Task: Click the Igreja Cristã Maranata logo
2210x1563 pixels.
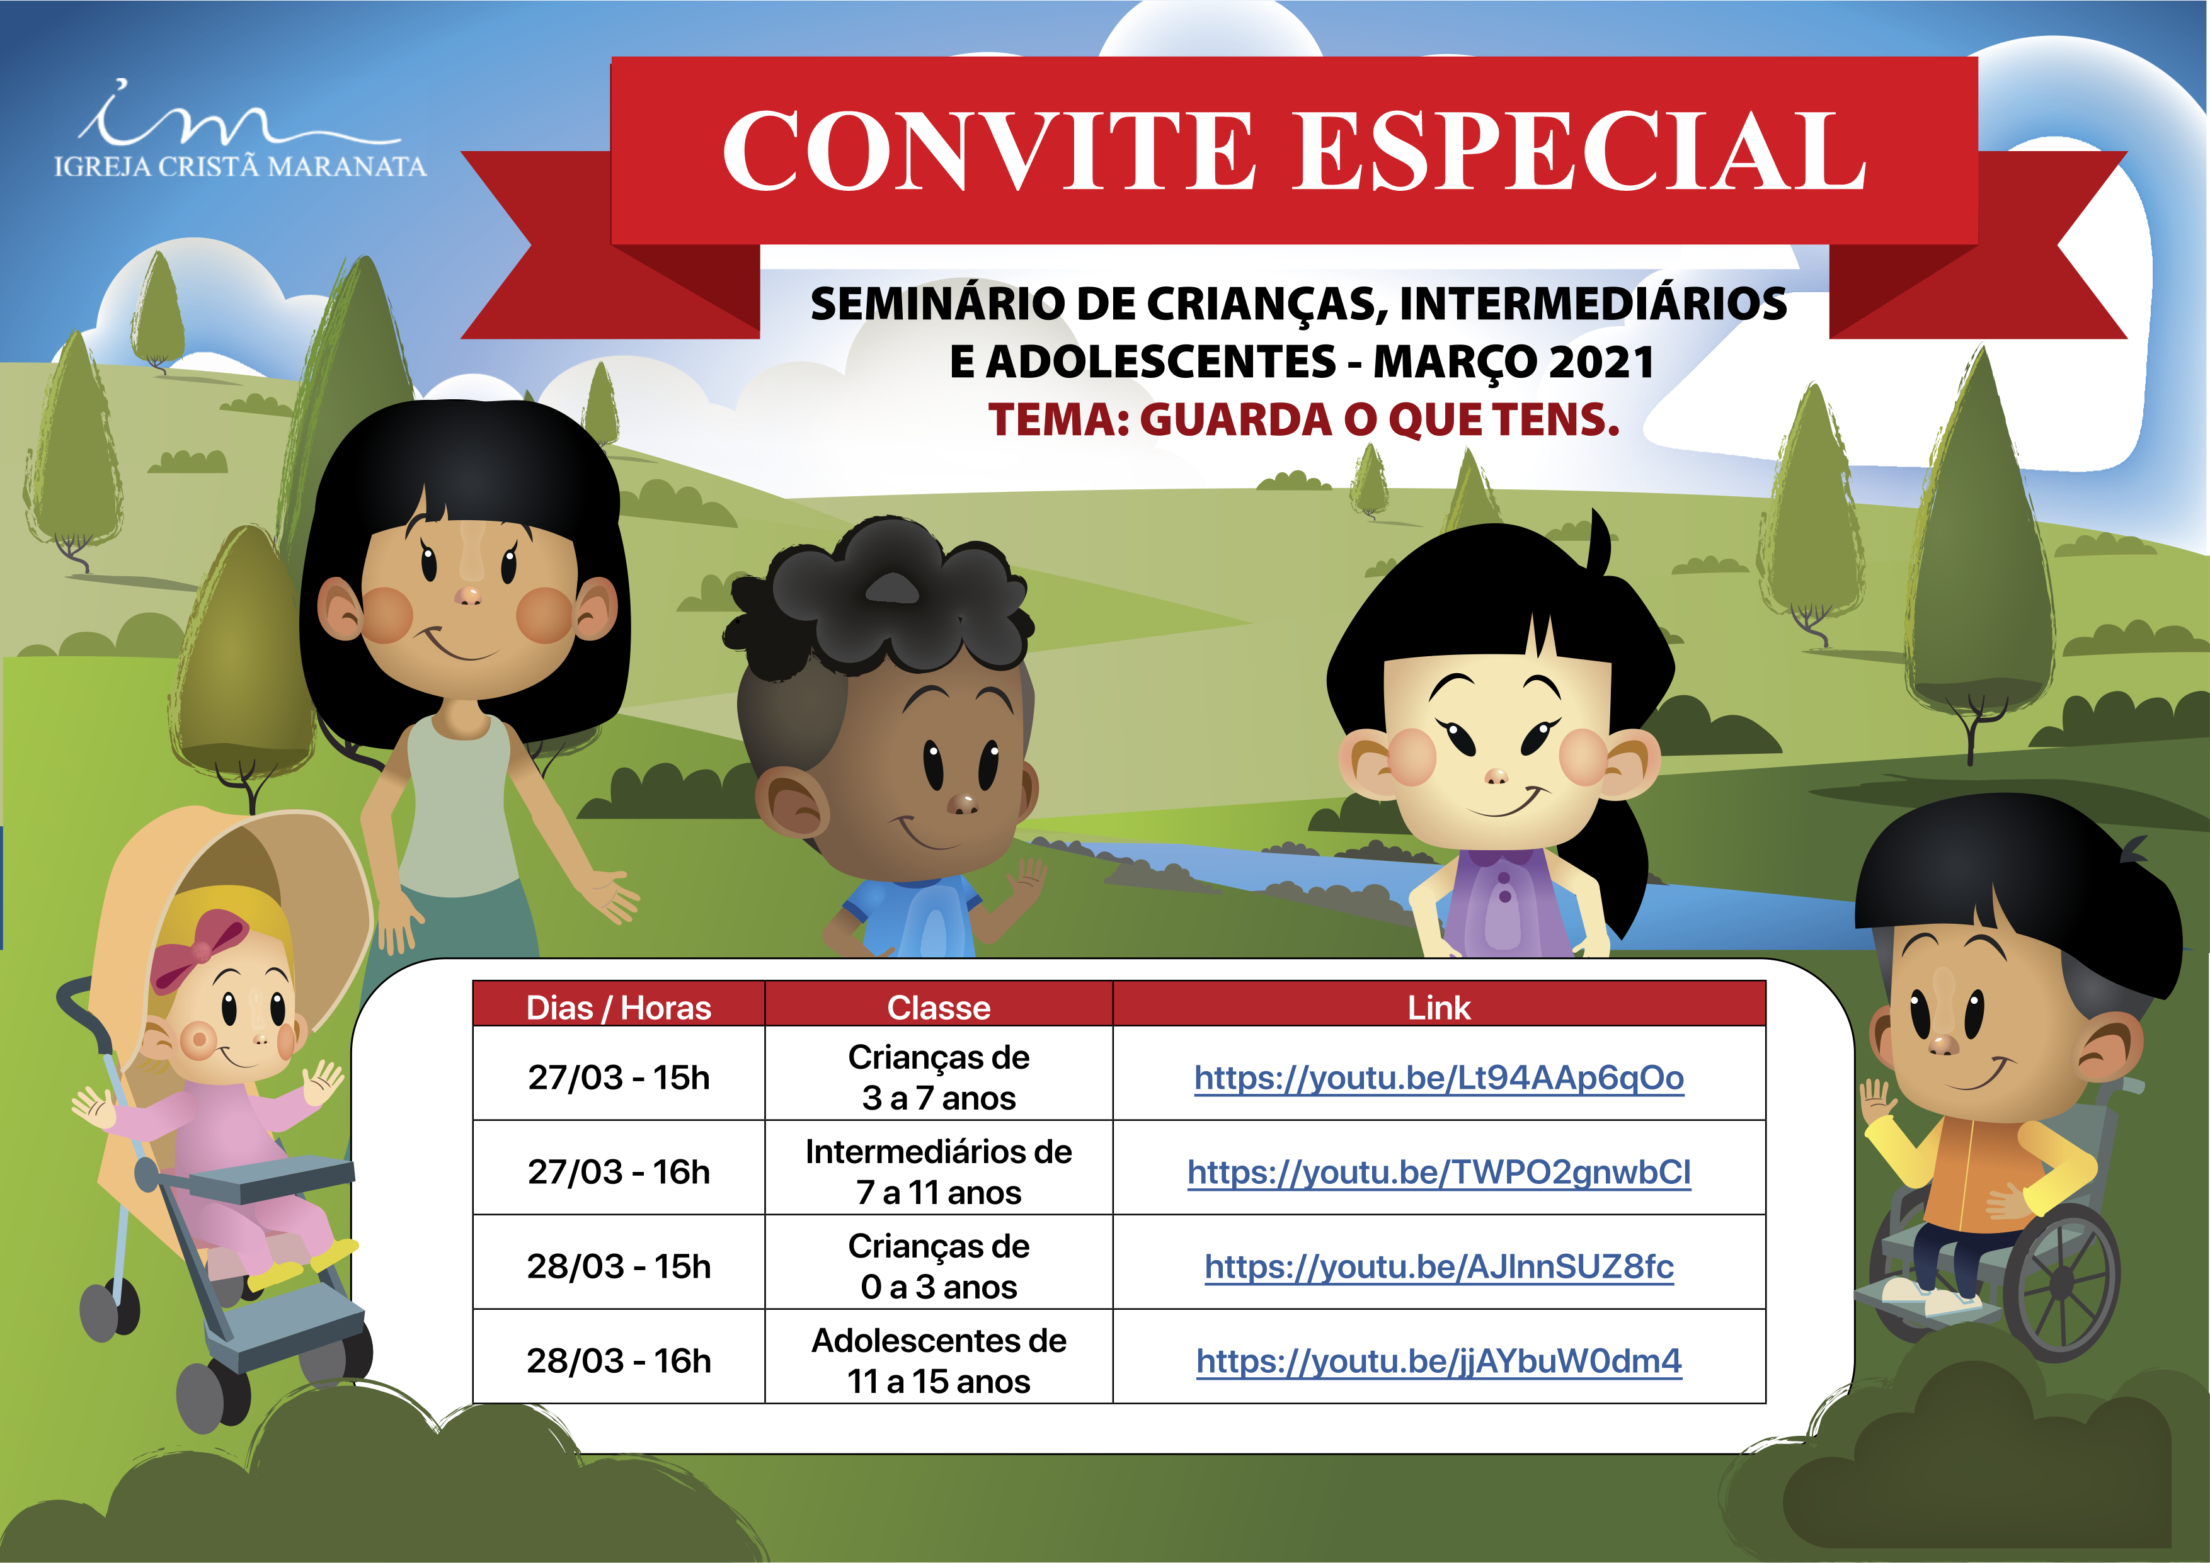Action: pyautogui.click(x=239, y=130)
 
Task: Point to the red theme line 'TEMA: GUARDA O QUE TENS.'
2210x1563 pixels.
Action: pyautogui.click(x=1304, y=419)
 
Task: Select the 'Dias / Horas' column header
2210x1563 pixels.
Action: pyautogui.click(x=618, y=1008)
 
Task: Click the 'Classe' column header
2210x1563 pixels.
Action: pyautogui.click(x=939, y=1008)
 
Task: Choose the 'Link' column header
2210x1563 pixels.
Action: pyautogui.click(x=1439, y=1008)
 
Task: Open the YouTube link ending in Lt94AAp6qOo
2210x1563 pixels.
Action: pyautogui.click(x=1439, y=1078)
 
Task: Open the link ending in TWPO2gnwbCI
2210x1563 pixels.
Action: pyautogui.click(x=1439, y=1173)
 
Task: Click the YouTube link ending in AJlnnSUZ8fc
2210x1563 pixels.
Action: pyautogui.click(x=1439, y=1266)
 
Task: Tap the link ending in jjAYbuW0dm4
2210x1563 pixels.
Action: pyautogui.click(x=1439, y=1361)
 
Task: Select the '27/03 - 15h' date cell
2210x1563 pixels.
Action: pyautogui.click(x=619, y=1078)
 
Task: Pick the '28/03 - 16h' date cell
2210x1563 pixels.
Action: pyautogui.click(x=619, y=1361)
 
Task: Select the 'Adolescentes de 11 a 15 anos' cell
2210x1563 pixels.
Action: pyautogui.click(x=939, y=1361)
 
